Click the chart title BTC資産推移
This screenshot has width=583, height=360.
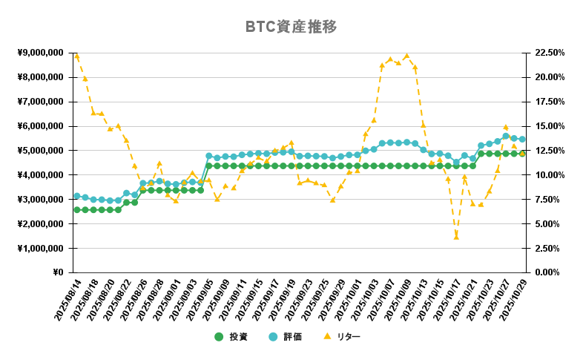coord(291,27)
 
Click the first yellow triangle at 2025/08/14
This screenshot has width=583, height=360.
coord(76,56)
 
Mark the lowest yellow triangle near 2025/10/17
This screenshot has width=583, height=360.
coord(456,236)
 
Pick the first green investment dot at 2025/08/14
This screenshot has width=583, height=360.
coord(76,209)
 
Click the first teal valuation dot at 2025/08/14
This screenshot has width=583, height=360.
coord(76,196)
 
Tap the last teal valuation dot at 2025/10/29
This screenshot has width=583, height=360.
coord(522,139)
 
